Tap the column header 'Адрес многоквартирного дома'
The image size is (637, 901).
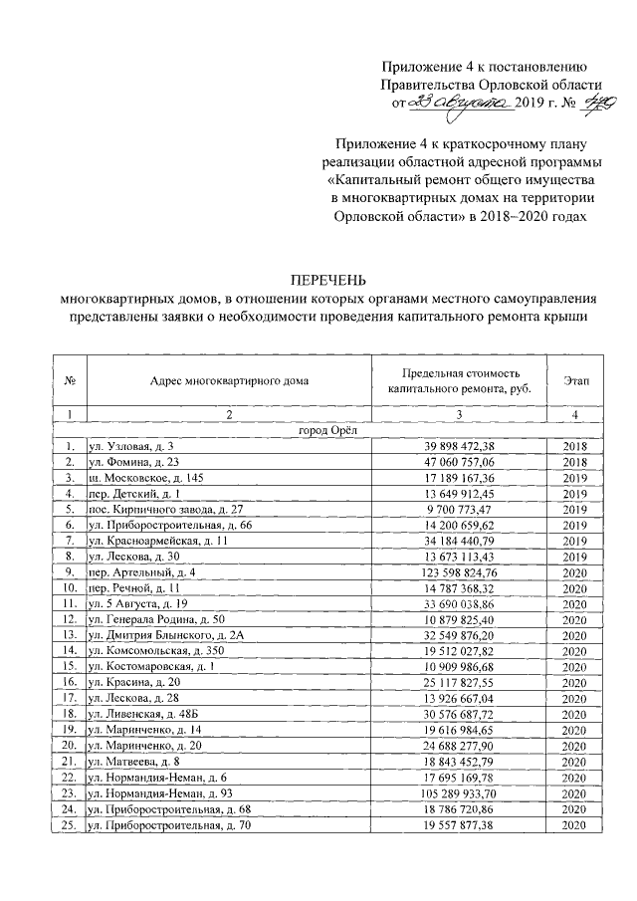point(229,380)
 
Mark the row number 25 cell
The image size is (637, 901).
point(69,825)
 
